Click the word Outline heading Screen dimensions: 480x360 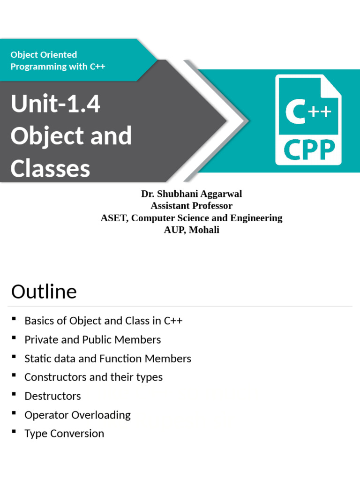[44, 292]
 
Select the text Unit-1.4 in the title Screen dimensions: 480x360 [55, 104]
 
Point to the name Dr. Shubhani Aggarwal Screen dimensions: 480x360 [191, 194]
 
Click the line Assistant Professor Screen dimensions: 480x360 [191, 206]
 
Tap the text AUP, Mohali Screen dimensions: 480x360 [191, 230]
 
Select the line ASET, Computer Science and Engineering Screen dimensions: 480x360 [191, 218]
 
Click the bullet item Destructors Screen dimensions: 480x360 [52, 396]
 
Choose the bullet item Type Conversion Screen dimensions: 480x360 [64, 434]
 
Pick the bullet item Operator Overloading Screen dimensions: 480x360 [77, 415]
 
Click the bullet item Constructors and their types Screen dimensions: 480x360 [93, 377]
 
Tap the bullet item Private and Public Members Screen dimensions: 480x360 [92, 340]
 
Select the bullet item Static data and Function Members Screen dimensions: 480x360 [108, 359]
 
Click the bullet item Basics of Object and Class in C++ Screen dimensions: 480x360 [103, 321]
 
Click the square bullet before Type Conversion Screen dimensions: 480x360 [14, 432]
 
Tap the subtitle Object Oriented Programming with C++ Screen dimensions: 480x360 [58, 60]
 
